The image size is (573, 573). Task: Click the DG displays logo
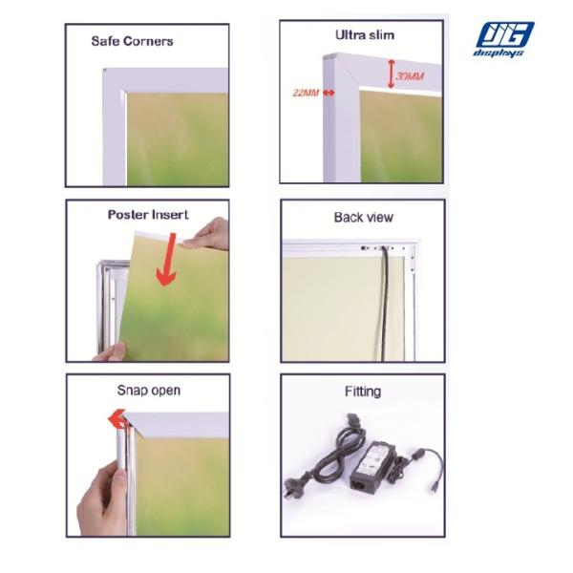[503, 39]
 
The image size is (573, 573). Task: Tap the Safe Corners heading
[132, 41]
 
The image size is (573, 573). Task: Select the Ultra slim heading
[365, 34]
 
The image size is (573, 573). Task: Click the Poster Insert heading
[148, 214]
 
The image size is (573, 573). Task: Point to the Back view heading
[364, 217]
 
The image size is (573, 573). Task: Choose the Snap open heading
[148, 391]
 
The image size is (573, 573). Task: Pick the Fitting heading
[363, 392]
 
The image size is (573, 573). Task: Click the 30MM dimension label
[410, 76]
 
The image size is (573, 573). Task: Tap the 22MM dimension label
[306, 93]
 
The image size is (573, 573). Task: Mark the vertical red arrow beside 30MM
[391, 74]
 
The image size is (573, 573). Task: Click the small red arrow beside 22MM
[329, 93]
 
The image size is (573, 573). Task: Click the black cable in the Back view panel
[384, 304]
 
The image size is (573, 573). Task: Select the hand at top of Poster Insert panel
[206, 233]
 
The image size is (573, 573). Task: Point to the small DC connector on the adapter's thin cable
[433, 487]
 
